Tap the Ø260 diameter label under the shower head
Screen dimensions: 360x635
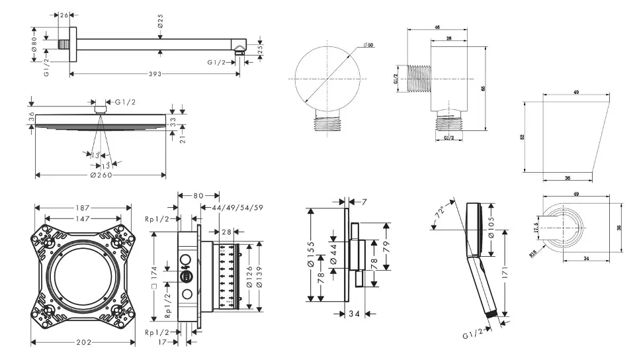[x=101, y=175]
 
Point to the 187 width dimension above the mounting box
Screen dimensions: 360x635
[x=83, y=207]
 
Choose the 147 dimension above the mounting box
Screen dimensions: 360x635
[x=83, y=218]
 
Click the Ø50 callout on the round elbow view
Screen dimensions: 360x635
[x=368, y=44]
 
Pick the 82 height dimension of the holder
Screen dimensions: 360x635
[x=523, y=136]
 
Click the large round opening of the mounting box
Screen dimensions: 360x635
[x=82, y=276]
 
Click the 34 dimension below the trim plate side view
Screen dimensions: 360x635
[x=353, y=314]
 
